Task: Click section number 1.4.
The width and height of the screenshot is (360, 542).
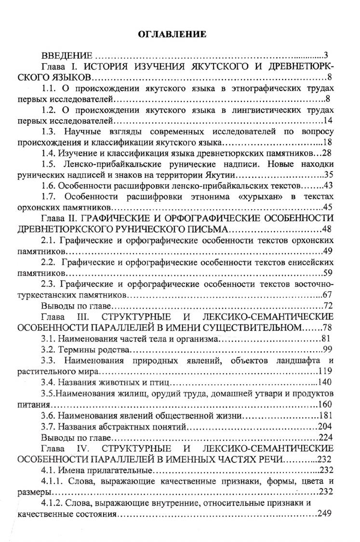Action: [49, 153]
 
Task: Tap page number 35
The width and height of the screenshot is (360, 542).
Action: [330, 175]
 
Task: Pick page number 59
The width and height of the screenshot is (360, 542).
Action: [330, 272]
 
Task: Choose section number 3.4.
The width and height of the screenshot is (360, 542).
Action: [49, 382]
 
